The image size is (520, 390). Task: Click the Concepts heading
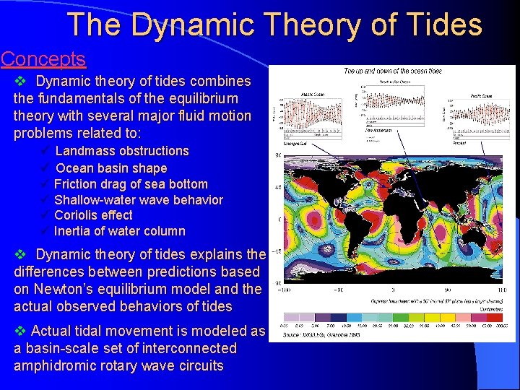[43, 59]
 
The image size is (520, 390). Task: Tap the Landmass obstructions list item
[121, 151]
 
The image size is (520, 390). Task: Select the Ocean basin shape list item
[111, 168]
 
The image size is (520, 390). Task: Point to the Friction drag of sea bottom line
[131, 184]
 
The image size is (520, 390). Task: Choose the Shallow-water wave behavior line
[139, 200]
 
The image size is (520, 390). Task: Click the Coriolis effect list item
[93, 215]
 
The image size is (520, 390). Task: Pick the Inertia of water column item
[119, 231]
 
